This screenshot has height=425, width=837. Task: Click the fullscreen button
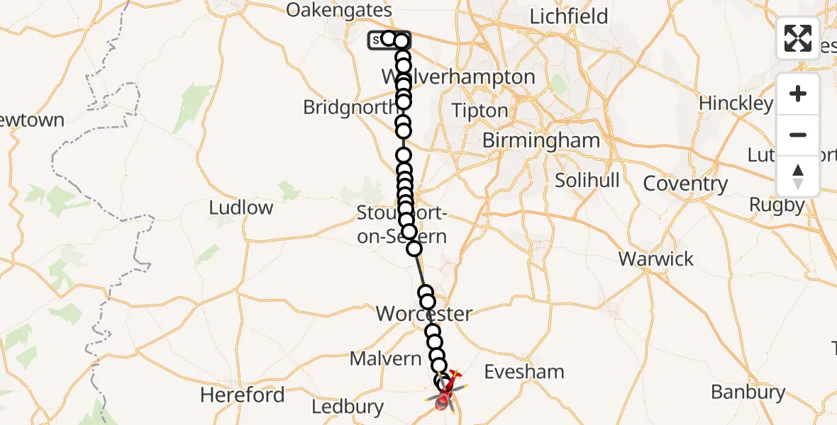click(798, 38)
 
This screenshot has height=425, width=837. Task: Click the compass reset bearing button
click(798, 176)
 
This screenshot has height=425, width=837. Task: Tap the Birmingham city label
click(541, 140)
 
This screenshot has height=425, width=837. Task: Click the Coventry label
click(685, 184)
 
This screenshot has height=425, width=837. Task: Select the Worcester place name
click(424, 313)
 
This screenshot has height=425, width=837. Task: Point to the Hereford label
click(243, 395)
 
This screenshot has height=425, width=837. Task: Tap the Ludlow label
click(241, 208)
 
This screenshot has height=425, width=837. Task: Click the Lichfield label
click(569, 16)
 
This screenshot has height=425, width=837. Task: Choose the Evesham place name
click(524, 371)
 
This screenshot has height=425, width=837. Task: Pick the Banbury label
click(748, 392)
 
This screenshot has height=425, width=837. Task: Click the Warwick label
click(656, 259)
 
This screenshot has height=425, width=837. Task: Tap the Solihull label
click(587, 180)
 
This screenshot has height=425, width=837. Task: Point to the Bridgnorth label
click(350, 108)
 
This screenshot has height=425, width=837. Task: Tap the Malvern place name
click(386, 358)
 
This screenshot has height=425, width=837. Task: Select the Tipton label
click(480, 111)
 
